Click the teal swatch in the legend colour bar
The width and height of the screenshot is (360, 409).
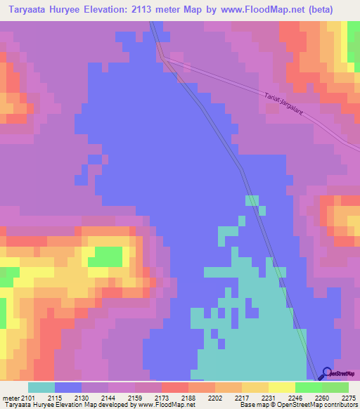tap(41, 387)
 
